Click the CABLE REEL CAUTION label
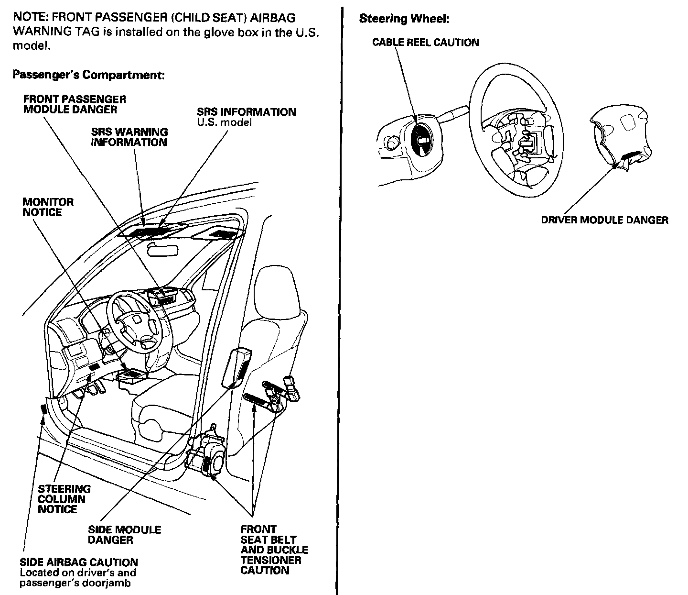[425, 43]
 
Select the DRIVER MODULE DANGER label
[604, 220]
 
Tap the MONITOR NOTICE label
[48, 207]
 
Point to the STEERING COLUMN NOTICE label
[64, 499]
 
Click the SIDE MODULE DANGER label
[124, 535]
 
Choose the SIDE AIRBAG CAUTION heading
[79, 562]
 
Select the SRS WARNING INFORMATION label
[129, 137]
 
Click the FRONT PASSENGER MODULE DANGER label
[75, 104]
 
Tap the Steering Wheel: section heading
[404, 19]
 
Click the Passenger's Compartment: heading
[88, 75]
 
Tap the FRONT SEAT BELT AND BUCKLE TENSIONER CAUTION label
[274, 550]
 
